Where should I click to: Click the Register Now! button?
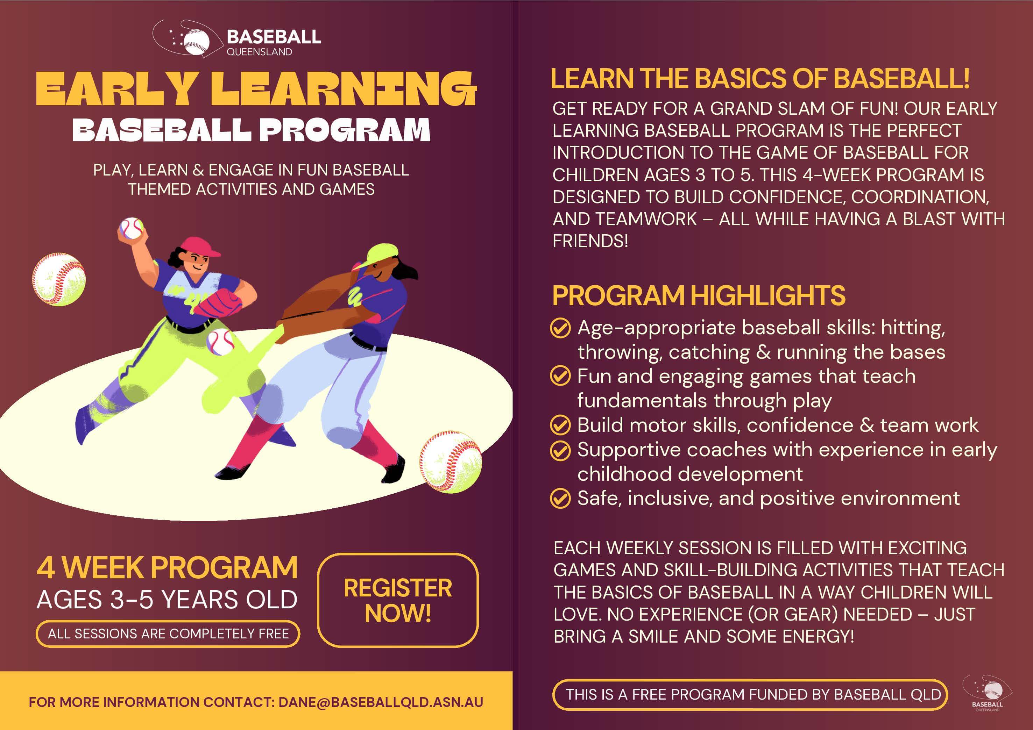point(398,600)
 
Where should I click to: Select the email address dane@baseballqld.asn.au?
point(381,702)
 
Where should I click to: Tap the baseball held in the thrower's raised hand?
point(132,228)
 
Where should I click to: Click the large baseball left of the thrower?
point(59,279)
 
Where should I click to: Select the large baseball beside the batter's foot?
point(450,461)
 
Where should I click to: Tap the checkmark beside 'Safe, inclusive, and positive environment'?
point(560,498)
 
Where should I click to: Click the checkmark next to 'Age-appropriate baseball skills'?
point(560,328)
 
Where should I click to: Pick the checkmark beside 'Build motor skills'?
point(560,425)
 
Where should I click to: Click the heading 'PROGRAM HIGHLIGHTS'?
point(699,295)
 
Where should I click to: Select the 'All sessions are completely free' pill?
point(168,634)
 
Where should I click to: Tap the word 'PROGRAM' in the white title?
point(345,130)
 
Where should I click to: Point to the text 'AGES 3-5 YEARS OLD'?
point(167,600)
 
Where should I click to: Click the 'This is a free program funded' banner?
point(750,694)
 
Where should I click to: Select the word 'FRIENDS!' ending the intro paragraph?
point(590,241)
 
